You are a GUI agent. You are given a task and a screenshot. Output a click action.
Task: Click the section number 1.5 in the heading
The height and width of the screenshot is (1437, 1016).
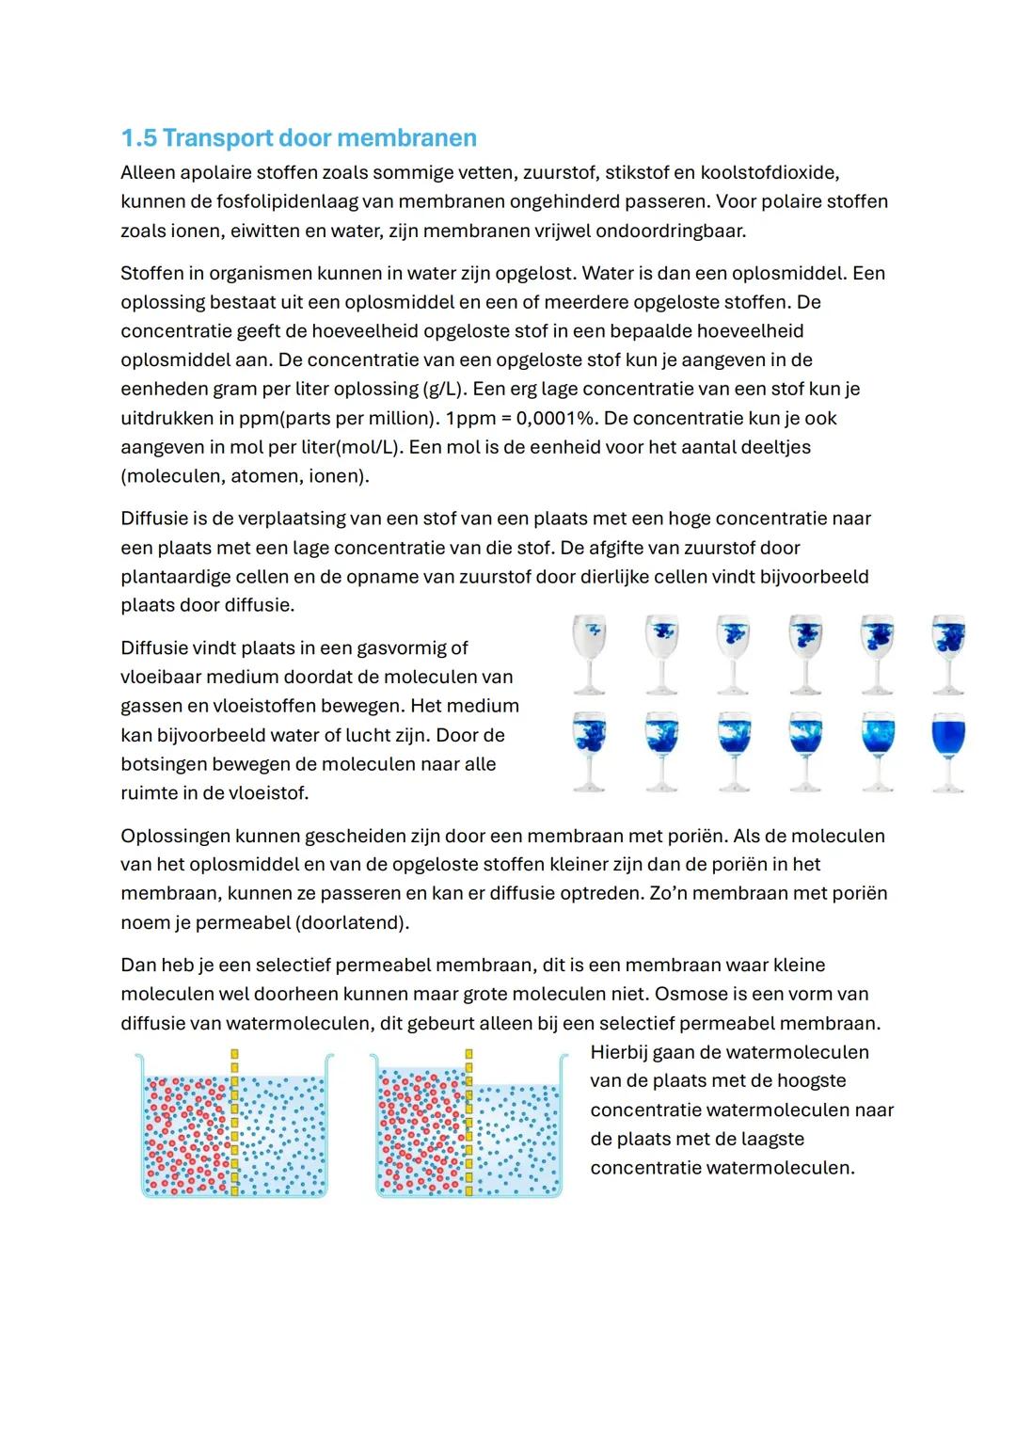[x=138, y=138]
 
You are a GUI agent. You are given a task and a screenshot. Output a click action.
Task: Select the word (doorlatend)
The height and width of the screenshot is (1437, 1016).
[x=353, y=922]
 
